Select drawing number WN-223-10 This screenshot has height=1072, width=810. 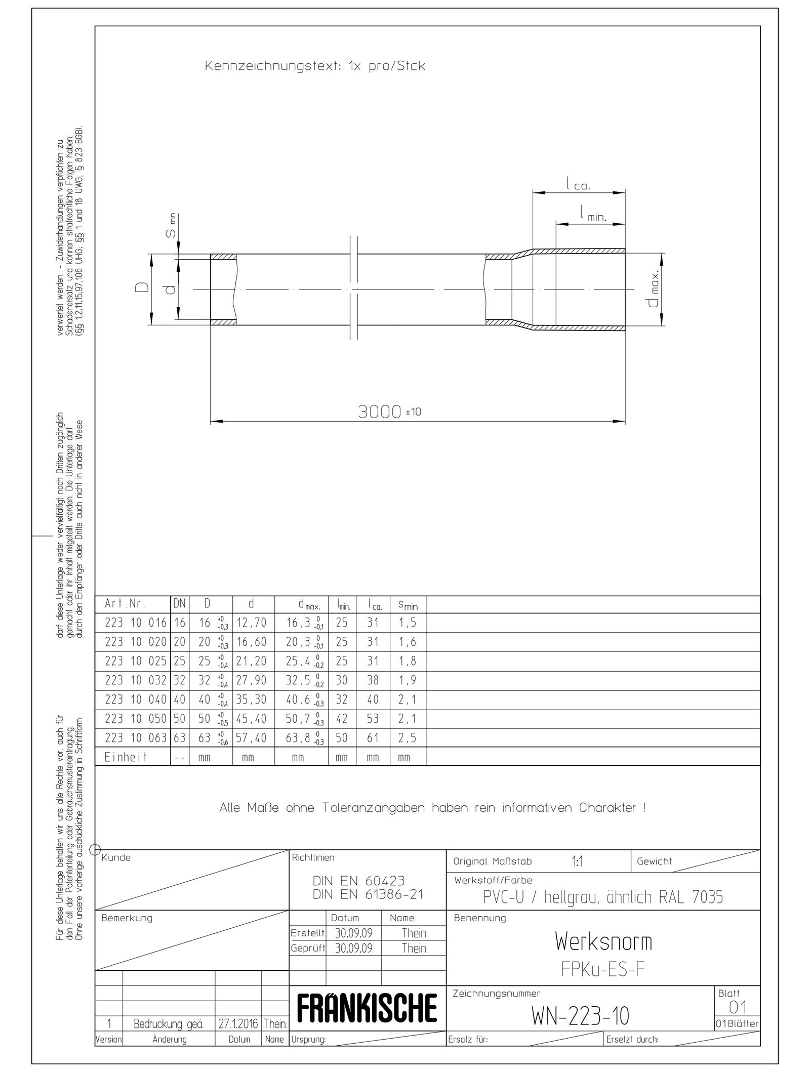[580, 1015]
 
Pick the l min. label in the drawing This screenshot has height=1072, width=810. [593, 214]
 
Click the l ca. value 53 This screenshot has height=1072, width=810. [373, 719]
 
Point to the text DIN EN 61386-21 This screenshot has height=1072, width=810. [368, 894]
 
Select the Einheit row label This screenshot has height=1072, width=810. [126, 757]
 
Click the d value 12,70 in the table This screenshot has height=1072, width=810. [251, 623]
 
